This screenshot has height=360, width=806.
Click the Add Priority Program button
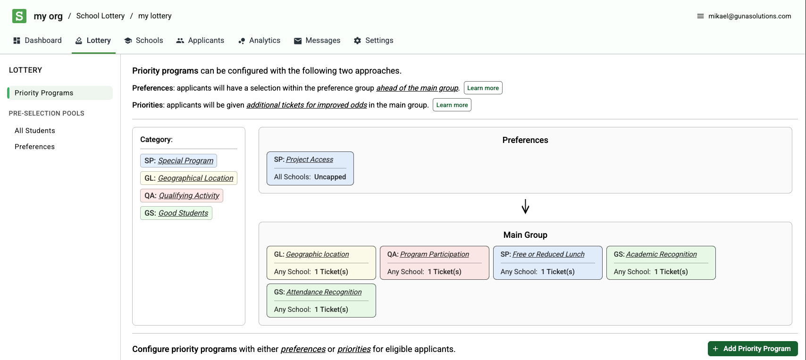tap(753, 349)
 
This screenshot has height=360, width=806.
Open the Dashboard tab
tap(38, 41)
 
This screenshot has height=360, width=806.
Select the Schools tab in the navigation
tap(143, 41)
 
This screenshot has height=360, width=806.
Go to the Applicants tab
tap(200, 41)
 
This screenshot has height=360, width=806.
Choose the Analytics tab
tap(259, 41)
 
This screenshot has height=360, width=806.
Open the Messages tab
tap(317, 41)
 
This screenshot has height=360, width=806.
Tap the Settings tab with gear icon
tap(373, 41)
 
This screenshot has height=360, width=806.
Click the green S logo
tap(19, 16)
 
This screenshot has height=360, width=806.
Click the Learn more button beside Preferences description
tap(483, 88)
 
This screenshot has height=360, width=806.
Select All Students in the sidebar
tap(35, 131)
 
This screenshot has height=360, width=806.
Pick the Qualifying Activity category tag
tap(182, 196)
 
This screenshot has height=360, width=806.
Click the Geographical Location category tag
tap(189, 178)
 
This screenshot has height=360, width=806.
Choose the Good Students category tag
tap(176, 213)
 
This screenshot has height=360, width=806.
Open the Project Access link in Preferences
tap(309, 159)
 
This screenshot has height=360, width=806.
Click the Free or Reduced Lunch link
tap(548, 254)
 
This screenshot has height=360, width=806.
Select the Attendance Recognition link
tap(324, 292)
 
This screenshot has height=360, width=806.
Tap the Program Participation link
tap(434, 254)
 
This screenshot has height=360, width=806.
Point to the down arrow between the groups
tap(525, 207)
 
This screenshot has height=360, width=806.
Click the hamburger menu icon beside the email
tap(700, 16)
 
